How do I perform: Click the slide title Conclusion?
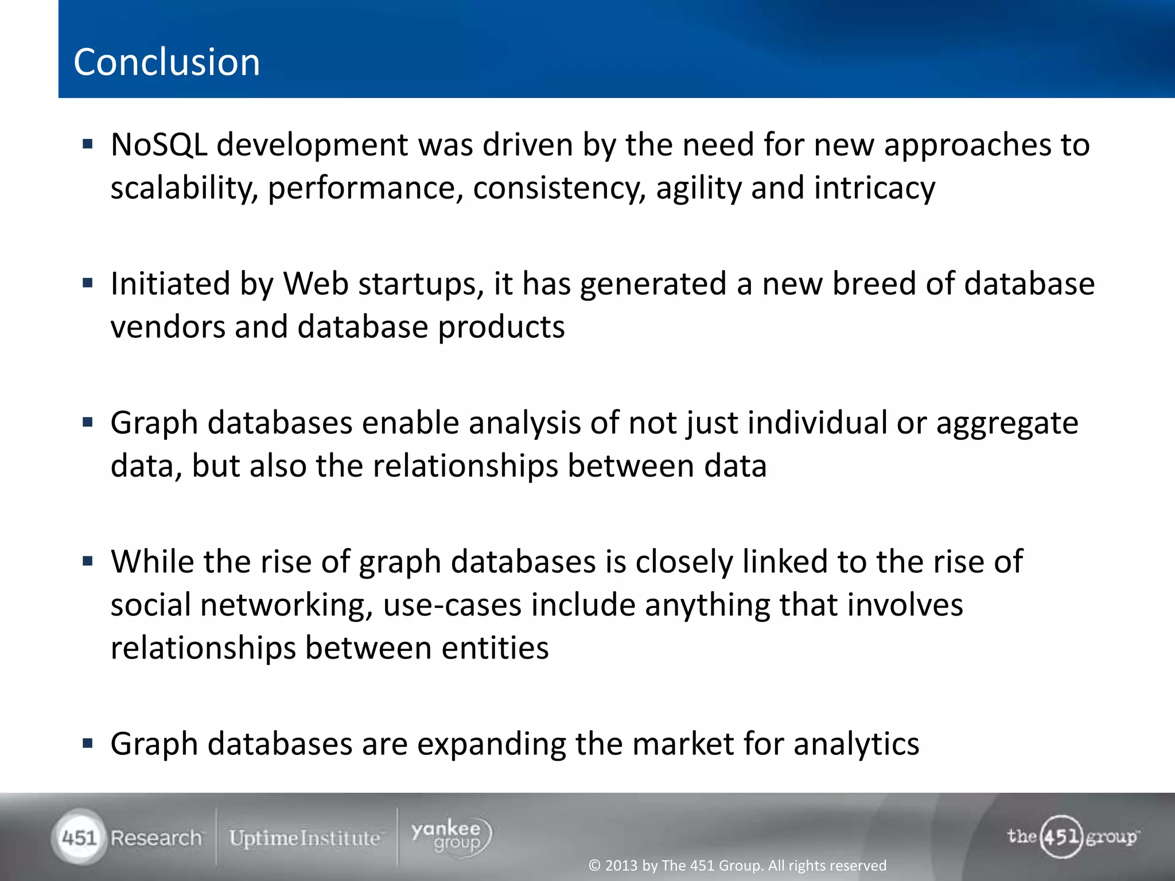click(166, 62)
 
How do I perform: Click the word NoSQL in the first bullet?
click(159, 145)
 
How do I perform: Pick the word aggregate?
click(1007, 423)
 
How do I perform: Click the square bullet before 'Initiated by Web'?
click(88, 283)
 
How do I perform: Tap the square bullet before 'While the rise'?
click(88, 561)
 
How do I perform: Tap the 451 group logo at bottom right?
click(1072, 837)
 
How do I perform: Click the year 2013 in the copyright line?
click(621, 866)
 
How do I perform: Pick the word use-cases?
click(452, 605)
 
